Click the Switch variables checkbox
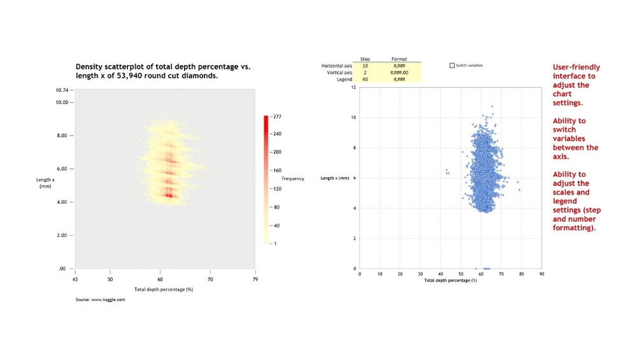coord(452,65)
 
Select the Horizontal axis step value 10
coord(365,65)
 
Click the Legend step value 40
coord(365,79)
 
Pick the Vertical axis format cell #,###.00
coord(399,72)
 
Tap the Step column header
coord(365,59)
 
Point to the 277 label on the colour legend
coord(278,117)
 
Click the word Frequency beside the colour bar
coord(293,178)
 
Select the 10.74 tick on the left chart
coord(61,91)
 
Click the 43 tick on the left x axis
coord(75,279)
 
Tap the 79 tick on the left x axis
coord(255,279)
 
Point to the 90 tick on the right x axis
coord(541,274)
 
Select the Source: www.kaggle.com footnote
coord(100,299)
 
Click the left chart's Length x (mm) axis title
coord(44,183)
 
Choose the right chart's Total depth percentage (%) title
coord(450,280)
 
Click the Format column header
coord(399,59)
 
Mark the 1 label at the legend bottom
coord(276,243)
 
